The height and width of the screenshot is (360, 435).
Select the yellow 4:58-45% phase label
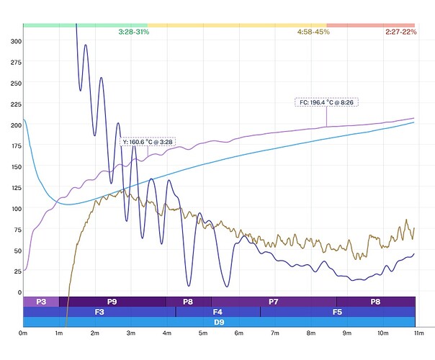coord(313,32)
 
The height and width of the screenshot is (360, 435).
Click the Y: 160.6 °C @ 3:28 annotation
coord(148,142)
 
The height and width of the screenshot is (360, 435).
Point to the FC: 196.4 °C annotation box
coord(326,102)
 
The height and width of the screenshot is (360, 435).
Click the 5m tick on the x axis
coord(203,333)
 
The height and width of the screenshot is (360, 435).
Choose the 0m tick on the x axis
coord(23,333)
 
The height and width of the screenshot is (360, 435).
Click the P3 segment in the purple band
coord(41,302)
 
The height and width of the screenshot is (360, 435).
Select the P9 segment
coord(112,302)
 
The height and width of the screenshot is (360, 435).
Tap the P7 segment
coord(274,302)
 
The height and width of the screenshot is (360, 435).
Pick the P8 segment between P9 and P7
coord(188,302)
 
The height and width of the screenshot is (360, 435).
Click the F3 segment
coord(99,312)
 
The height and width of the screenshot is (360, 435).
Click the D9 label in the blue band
coord(219,322)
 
